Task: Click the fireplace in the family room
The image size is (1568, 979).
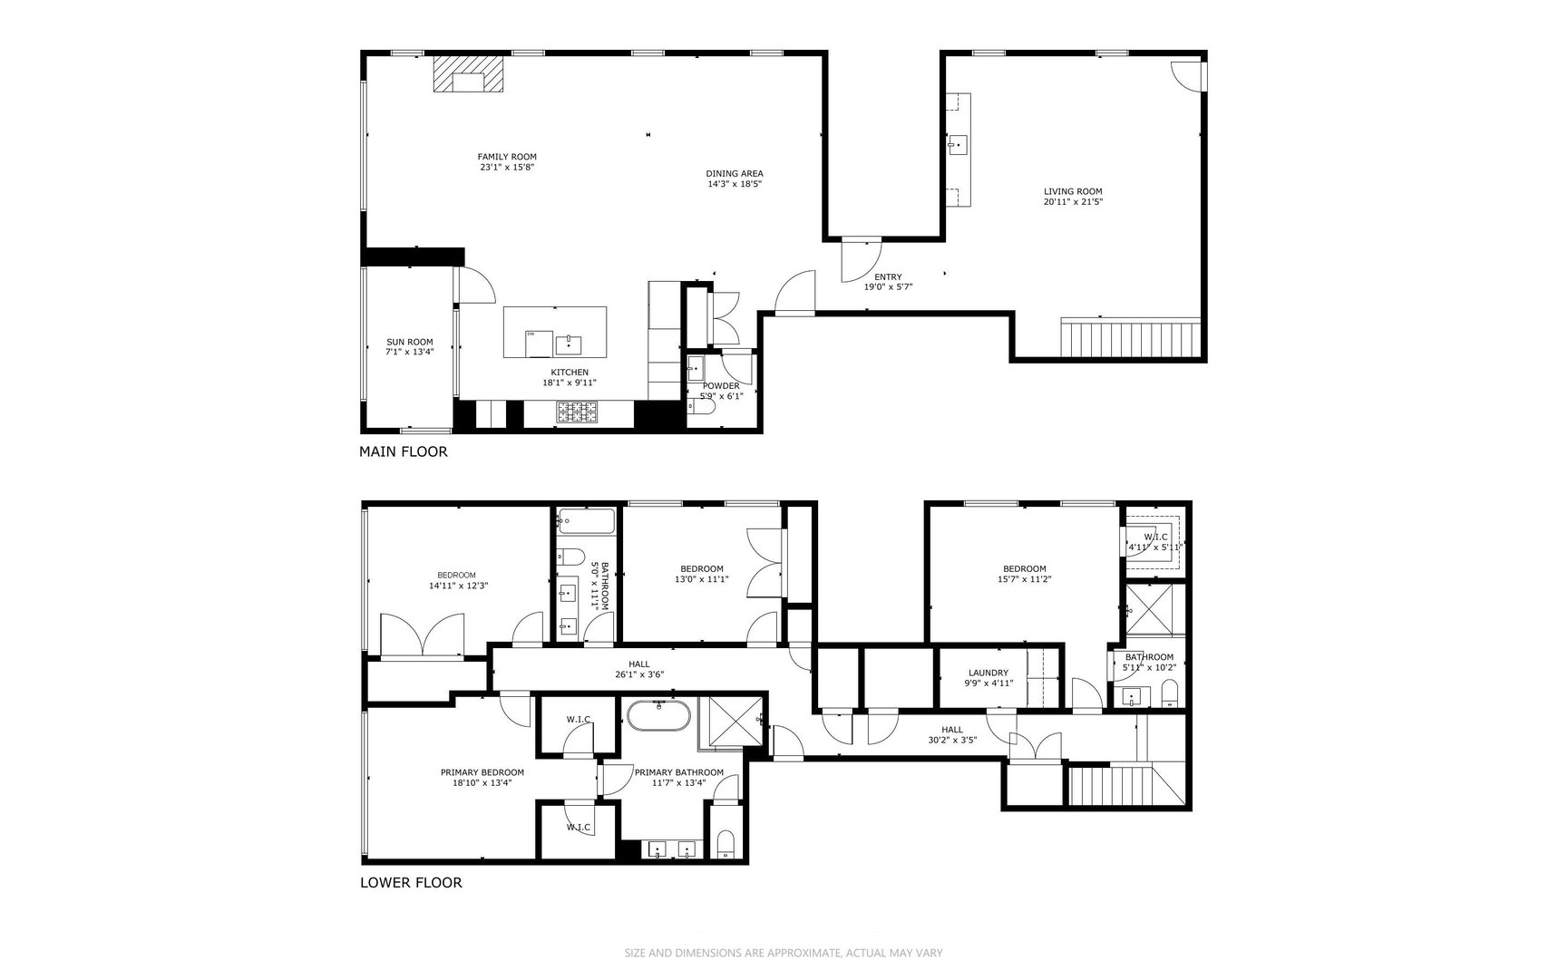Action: [468, 74]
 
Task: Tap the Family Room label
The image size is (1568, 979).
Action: [507, 157]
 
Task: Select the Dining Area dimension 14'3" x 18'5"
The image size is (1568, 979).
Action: [735, 184]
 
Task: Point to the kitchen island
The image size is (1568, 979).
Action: [555, 333]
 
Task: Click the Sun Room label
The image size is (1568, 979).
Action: [410, 342]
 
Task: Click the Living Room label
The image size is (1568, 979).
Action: [1073, 191]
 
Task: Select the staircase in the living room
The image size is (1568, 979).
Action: [1131, 339]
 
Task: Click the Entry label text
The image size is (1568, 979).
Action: [888, 277]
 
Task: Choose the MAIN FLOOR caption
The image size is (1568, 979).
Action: [403, 451]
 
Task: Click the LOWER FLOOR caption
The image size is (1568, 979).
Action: [411, 882]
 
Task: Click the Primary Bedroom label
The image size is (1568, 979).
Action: [482, 772]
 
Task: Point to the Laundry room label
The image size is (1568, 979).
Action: [988, 673]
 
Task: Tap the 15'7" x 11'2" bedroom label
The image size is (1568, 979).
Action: [1024, 569]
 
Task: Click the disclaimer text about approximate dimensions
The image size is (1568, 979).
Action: [784, 953]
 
